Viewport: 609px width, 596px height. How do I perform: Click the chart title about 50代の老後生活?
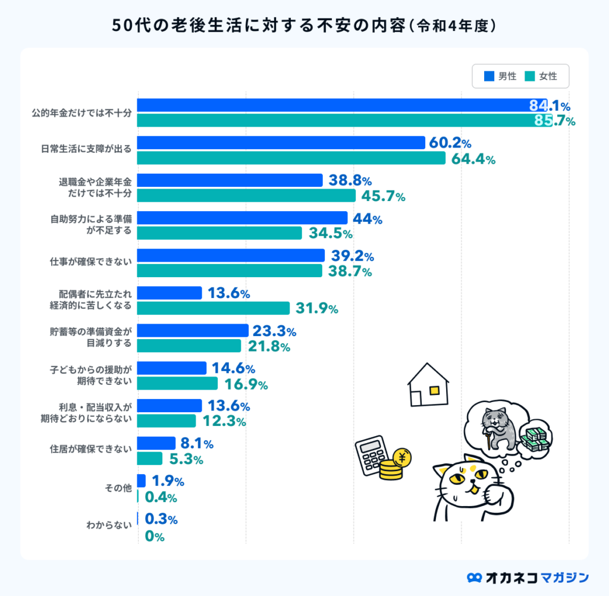pyautogui.click(x=304, y=26)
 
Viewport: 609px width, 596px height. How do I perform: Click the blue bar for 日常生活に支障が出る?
pyautogui.click(x=281, y=143)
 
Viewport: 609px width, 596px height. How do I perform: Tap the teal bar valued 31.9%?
pyautogui.click(x=214, y=308)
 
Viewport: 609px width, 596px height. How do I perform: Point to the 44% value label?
pyautogui.click(x=367, y=218)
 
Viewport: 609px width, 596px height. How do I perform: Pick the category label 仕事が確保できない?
pyautogui.click(x=91, y=262)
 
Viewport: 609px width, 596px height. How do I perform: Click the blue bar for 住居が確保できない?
pyautogui.click(x=156, y=443)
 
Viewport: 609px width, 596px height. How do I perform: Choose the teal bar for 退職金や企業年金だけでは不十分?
pyautogui.click(x=246, y=196)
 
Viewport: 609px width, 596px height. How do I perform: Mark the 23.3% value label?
pyautogui.click(x=275, y=331)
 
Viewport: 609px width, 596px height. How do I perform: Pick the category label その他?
pyautogui.click(x=117, y=488)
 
